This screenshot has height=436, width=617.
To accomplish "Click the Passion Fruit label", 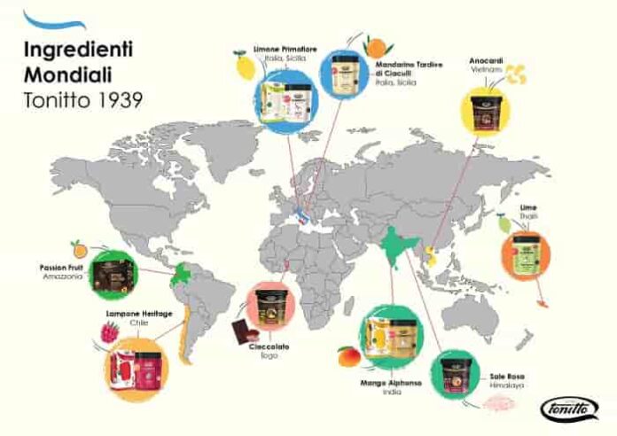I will [x=61, y=267].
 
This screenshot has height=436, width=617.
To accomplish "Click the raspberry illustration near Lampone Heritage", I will [x=109, y=335].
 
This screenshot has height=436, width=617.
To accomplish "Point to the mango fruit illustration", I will [x=346, y=357].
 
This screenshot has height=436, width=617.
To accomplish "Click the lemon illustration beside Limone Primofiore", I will [x=238, y=66].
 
